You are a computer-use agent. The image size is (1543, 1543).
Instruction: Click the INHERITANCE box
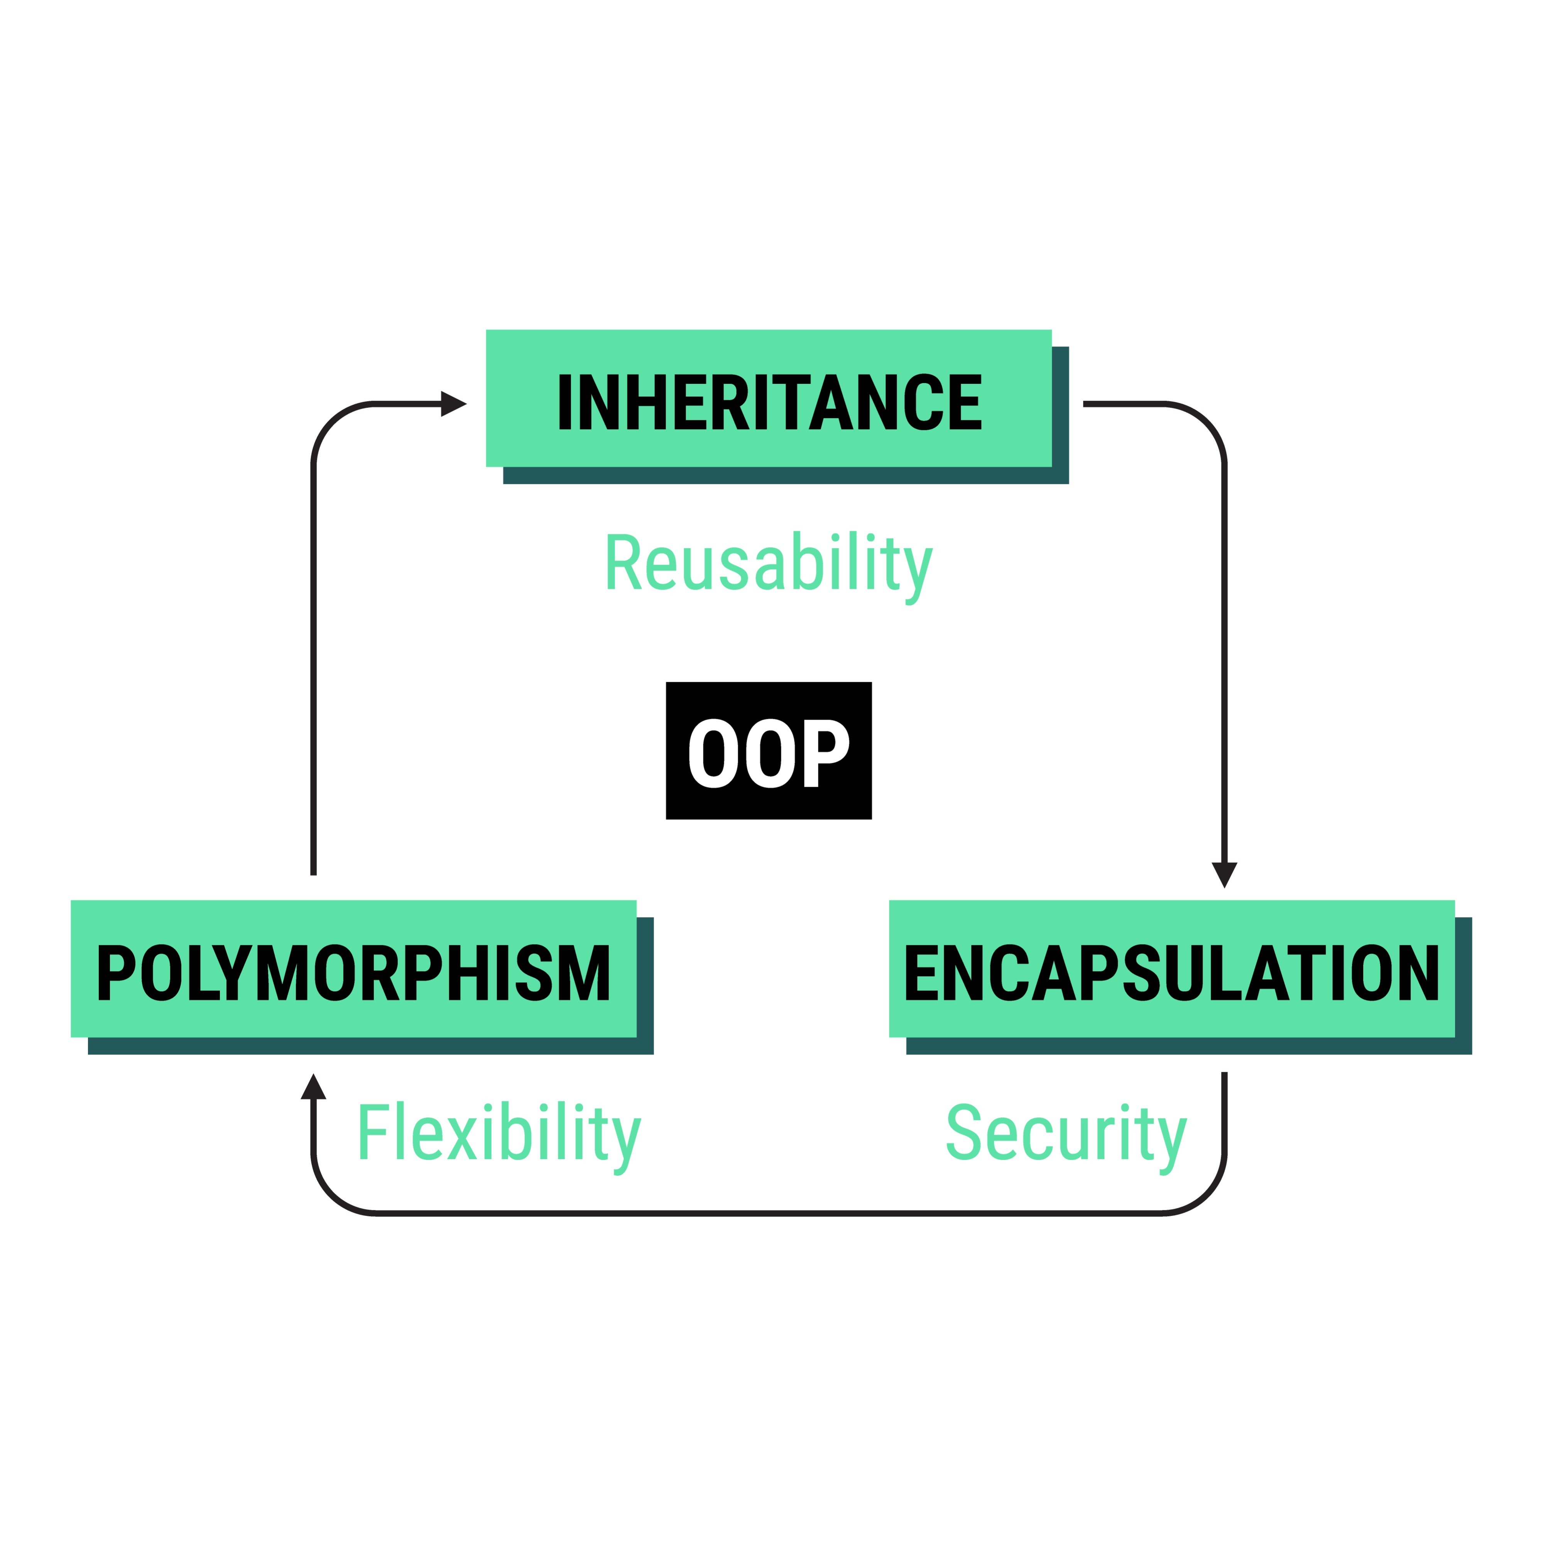coord(768,398)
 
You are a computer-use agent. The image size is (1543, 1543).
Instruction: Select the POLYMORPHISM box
coord(353,969)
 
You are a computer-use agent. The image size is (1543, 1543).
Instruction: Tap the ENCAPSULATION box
coord(1172,969)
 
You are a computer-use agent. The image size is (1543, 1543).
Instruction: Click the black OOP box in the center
coord(768,751)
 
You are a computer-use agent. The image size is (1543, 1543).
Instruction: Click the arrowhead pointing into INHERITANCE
coord(453,404)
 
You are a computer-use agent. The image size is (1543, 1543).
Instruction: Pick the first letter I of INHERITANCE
coord(564,402)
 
